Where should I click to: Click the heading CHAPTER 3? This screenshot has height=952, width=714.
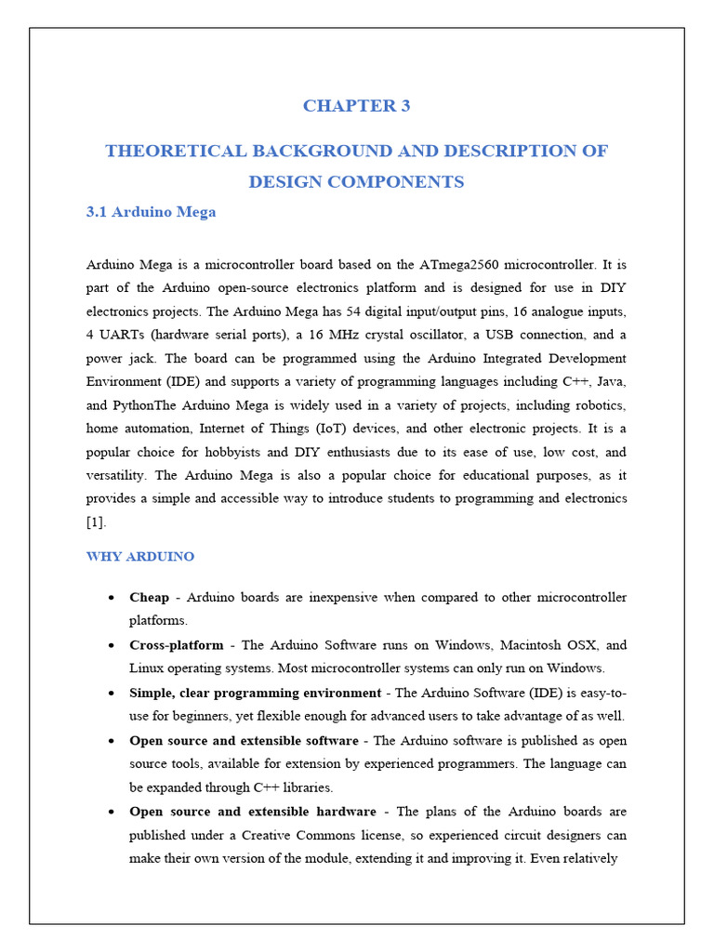click(356, 106)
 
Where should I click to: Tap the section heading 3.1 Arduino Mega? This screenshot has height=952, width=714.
click(151, 212)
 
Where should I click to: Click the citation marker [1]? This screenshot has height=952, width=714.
click(96, 522)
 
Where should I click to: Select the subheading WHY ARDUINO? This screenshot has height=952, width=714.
click(140, 557)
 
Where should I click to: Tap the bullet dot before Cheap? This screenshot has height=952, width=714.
click(112, 598)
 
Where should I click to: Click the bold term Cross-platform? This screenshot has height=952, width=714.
click(177, 645)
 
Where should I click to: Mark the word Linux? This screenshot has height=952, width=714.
click(147, 668)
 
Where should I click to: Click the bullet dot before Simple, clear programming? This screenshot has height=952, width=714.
click(112, 694)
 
